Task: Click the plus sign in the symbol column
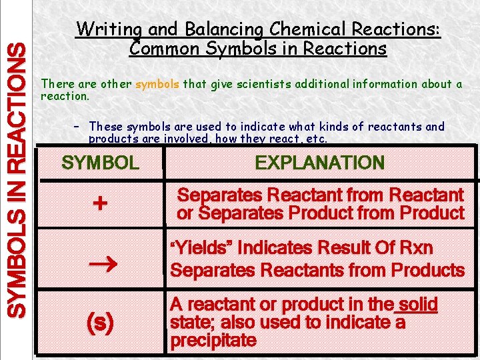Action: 99,203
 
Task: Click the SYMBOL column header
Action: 100,163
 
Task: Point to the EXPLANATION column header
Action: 319,163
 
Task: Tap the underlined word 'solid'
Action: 417,305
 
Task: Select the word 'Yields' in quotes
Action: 200,249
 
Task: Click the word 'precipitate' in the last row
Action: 213,341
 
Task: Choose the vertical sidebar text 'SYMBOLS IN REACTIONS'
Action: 17,179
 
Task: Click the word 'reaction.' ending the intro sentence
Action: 65,96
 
